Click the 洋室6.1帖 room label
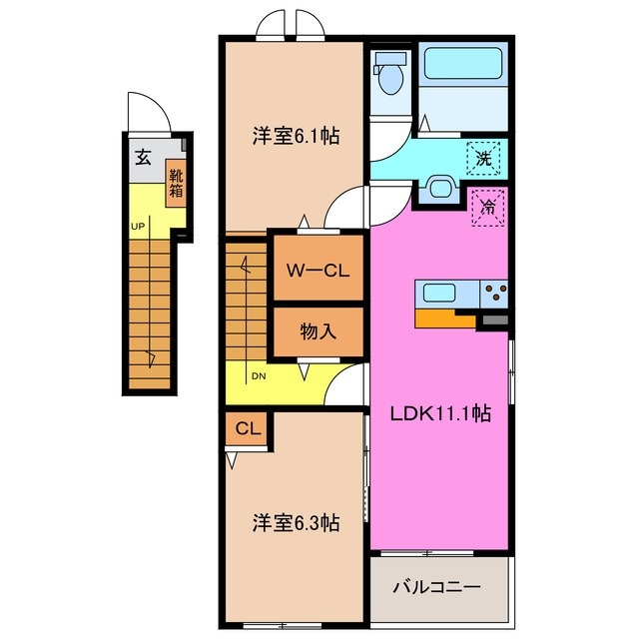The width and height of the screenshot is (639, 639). tap(295, 136)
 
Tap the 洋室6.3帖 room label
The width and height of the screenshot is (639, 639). tap(295, 521)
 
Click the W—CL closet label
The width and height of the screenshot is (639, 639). tap(318, 270)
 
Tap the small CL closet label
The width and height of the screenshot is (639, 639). tap(248, 428)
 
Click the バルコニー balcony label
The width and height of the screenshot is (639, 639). tap(440, 587)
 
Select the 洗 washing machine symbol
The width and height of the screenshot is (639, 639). tap(484, 157)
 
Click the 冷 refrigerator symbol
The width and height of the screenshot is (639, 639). tap(488, 208)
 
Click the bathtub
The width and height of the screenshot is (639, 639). tap(462, 65)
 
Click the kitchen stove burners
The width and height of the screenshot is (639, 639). tap(493, 293)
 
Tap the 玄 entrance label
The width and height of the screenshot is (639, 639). tap(144, 157)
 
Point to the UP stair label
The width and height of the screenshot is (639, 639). tap(137, 226)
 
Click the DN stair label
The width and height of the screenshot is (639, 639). tap(258, 376)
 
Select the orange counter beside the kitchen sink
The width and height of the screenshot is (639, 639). tap(445, 319)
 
